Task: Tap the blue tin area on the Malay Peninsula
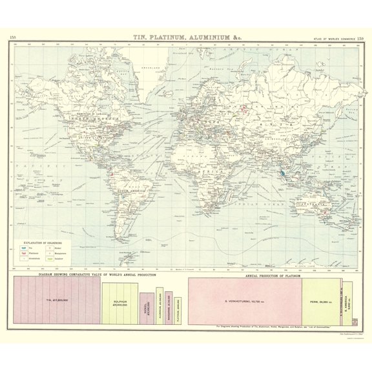283,173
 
